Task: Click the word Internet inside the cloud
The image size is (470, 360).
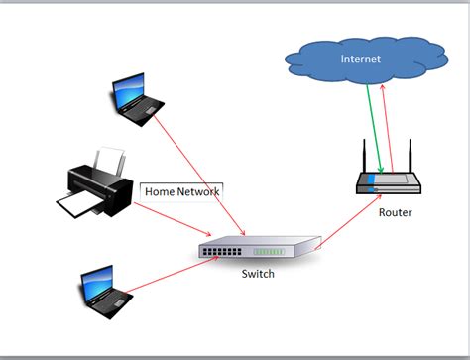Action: pos(361,60)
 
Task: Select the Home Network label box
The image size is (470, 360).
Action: pos(182,190)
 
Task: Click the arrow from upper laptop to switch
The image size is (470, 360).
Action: pos(198,169)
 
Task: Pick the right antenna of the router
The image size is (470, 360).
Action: pos(408,156)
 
